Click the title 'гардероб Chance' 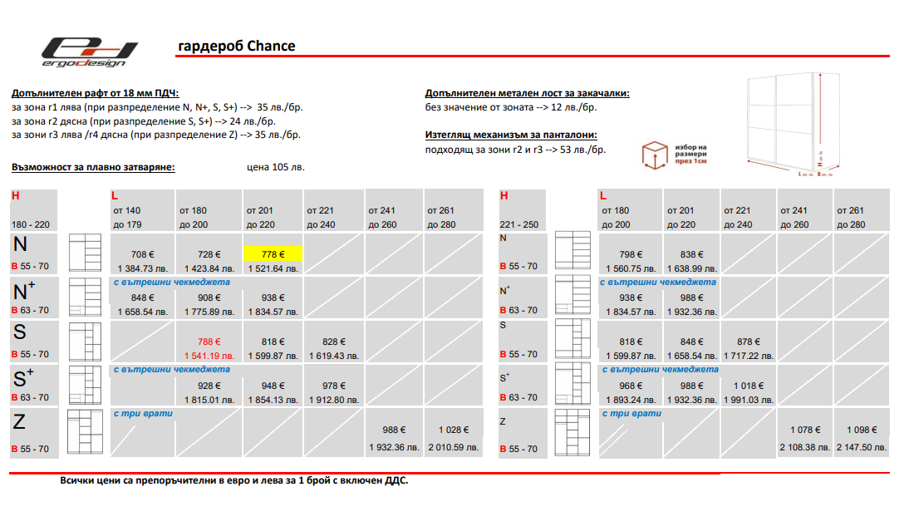[237, 46]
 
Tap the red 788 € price [209, 342]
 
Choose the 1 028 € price [454, 430]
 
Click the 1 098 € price [862, 430]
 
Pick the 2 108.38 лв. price [804, 447]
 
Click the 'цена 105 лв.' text [276, 167]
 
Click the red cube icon [655, 155]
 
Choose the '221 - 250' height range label [518, 225]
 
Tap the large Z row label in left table [19, 422]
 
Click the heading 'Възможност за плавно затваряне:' [93, 167]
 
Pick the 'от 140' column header [127, 210]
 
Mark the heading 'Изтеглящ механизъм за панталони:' [511, 135]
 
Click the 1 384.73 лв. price [142, 269]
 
